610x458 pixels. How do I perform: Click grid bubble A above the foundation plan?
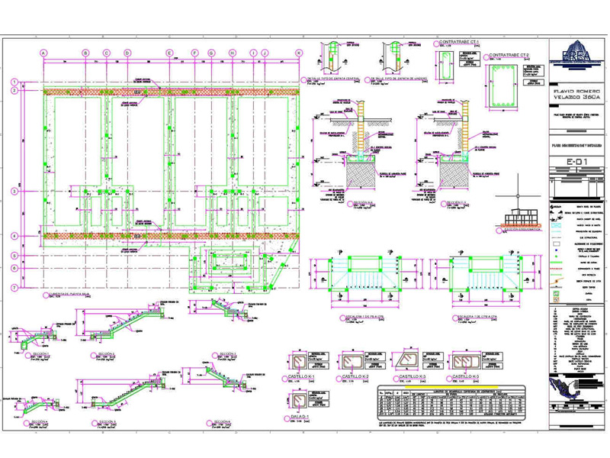point(43,53)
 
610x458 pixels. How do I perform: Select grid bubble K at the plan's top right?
point(299,53)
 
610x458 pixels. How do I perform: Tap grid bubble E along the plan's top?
point(169,53)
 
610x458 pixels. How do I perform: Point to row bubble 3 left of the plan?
point(14,192)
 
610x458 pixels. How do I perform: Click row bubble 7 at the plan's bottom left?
point(14,288)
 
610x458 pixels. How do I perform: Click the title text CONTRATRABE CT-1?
point(458,41)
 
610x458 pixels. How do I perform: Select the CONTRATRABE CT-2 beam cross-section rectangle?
point(502,85)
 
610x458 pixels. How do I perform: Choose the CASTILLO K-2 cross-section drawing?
point(355,362)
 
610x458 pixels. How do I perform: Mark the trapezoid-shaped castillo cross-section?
point(408,361)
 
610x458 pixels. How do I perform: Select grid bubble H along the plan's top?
point(231,53)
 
